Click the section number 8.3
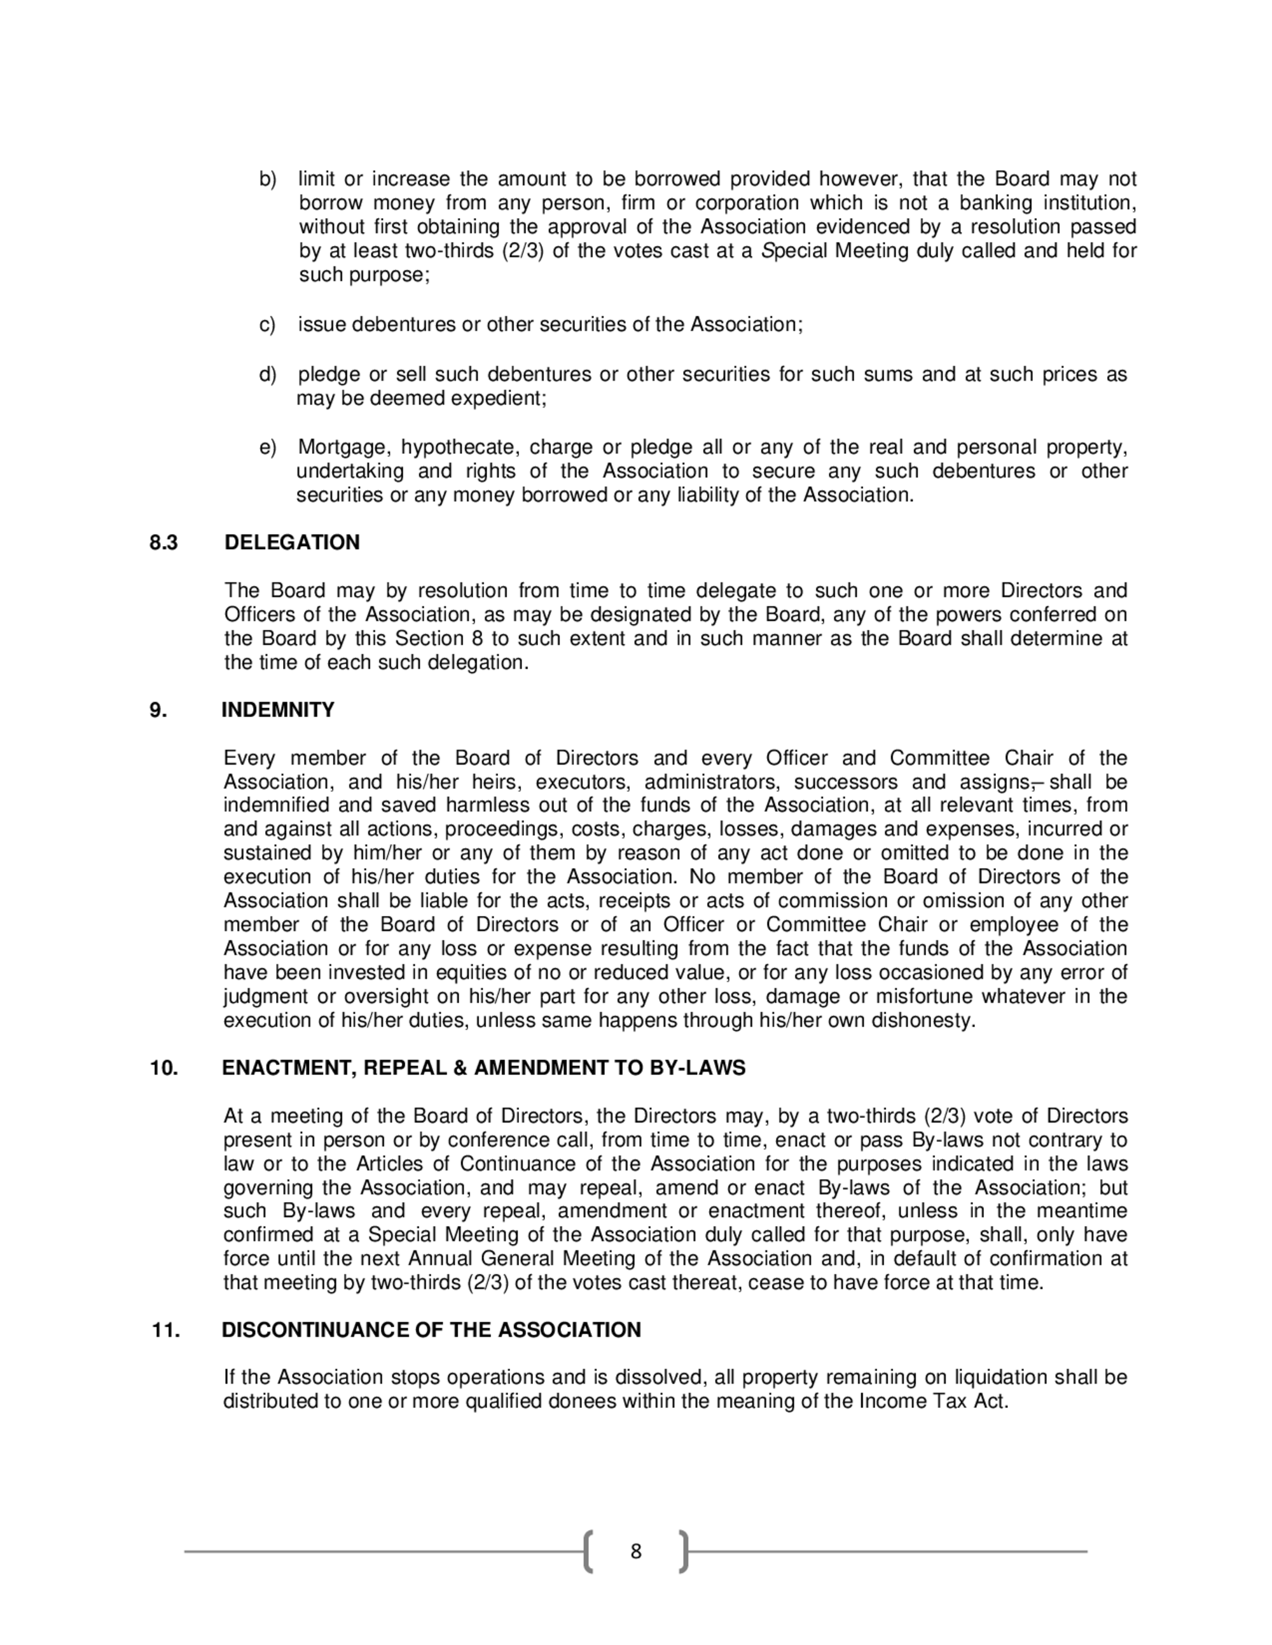[163, 542]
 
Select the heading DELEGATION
[292, 542]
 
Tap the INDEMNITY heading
[278, 709]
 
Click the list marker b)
[268, 179]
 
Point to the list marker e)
[268, 447]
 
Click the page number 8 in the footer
[636, 1552]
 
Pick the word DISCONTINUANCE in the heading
[317, 1330]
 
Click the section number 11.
[166, 1330]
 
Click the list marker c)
[268, 325]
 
